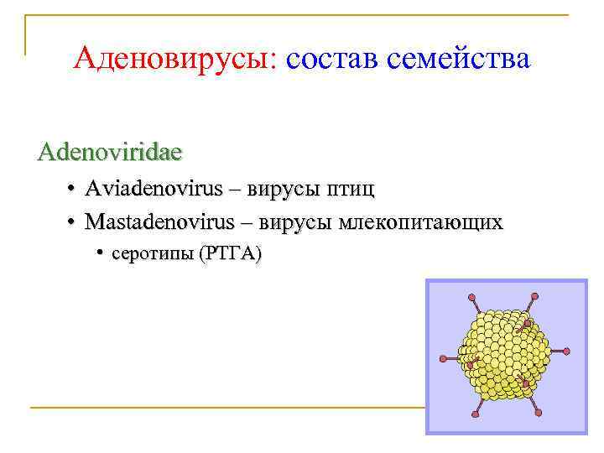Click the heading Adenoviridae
point(110,153)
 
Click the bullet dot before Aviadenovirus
point(73,190)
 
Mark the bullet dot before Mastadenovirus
point(73,223)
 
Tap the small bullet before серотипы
point(99,253)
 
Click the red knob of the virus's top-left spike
point(472,297)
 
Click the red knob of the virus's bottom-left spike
point(476,417)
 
